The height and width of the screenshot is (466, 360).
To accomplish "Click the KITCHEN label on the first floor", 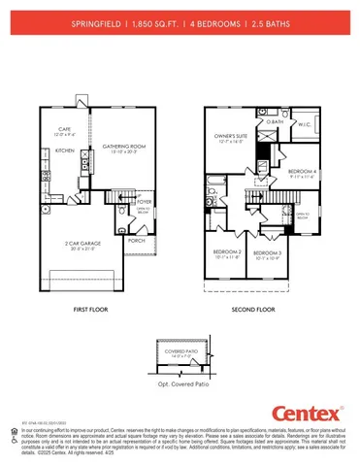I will (x=65, y=151).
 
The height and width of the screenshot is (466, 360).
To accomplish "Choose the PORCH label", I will (x=136, y=240).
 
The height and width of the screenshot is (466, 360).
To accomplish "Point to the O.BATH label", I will (x=275, y=122).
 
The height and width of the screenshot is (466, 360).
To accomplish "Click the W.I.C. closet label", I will (x=303, y=124).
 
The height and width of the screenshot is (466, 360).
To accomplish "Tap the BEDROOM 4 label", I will (x=303, y=171).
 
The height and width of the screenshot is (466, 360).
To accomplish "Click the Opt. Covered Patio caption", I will (x=181, y=386).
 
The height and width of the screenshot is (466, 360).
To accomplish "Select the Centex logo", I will (x=310, y=411).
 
